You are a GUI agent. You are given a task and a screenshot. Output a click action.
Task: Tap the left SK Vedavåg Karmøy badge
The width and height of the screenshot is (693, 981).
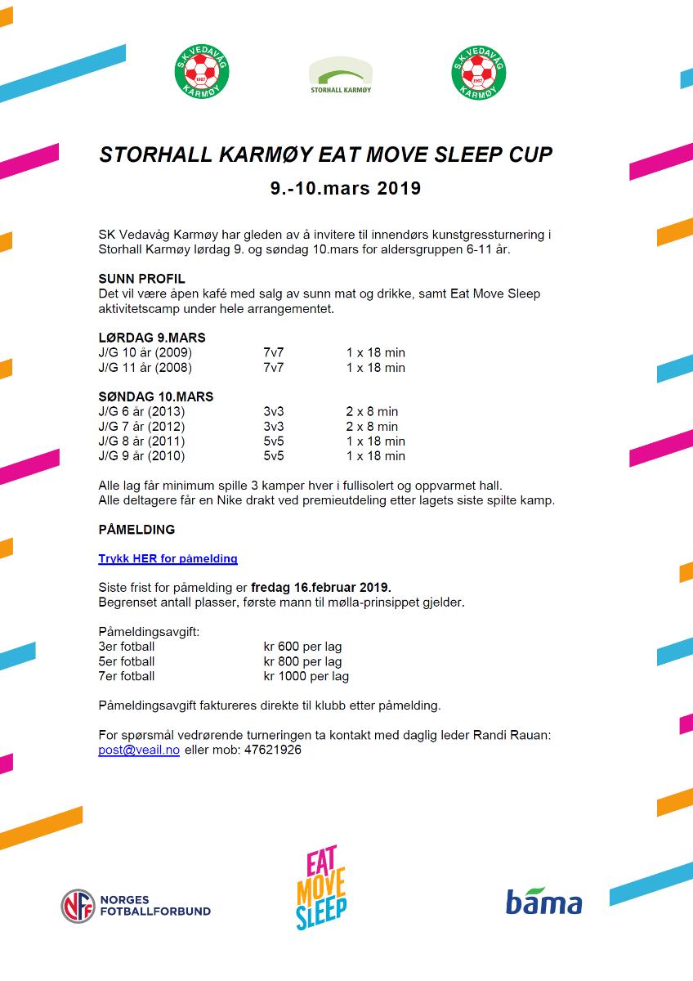tap(202, 71)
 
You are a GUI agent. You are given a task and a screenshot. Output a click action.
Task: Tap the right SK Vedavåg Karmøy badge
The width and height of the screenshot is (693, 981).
tap(479, 71)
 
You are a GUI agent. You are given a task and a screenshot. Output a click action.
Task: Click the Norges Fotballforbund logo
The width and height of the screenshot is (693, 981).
tap(136, 905)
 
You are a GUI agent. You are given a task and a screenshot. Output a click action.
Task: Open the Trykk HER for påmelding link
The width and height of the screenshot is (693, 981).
tap(168, 559)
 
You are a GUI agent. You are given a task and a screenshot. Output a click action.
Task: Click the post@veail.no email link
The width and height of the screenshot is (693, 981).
tap(138, 750)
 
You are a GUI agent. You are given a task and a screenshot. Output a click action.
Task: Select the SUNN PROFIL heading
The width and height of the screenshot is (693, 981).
tap(141, 279)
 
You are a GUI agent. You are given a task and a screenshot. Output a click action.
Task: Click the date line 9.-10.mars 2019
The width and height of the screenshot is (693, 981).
tap(346, 189)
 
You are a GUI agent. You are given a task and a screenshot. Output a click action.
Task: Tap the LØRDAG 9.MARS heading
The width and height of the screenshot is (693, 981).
tap(151, 338)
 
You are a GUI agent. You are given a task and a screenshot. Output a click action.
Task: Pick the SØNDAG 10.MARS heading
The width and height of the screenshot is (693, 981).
tap(155, 396)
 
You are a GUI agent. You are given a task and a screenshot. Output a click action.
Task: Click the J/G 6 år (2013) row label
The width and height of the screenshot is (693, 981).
tap(141, 411)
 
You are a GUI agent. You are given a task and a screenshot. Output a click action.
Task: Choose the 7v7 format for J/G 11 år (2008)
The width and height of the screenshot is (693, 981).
tap(273, 367)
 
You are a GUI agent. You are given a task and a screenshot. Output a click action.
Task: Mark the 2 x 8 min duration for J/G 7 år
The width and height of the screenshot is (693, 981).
tap(372, 426)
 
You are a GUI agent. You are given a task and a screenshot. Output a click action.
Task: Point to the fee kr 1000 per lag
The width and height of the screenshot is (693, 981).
tap(306, 676)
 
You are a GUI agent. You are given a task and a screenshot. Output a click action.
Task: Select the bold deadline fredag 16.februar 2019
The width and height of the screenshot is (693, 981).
tap(321, 588)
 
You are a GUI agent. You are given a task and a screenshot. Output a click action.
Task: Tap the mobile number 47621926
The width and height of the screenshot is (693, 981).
tap(274, 750)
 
